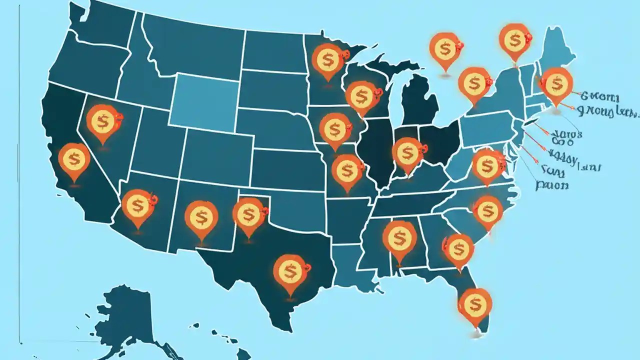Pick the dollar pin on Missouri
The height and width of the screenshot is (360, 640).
(346, 170)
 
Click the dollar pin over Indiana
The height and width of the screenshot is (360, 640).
(407, 153)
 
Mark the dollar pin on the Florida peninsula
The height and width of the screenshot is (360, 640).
(474, 303)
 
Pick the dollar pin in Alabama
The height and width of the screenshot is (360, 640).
(399, 238)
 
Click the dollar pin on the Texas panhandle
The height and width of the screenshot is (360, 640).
(249, 214)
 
